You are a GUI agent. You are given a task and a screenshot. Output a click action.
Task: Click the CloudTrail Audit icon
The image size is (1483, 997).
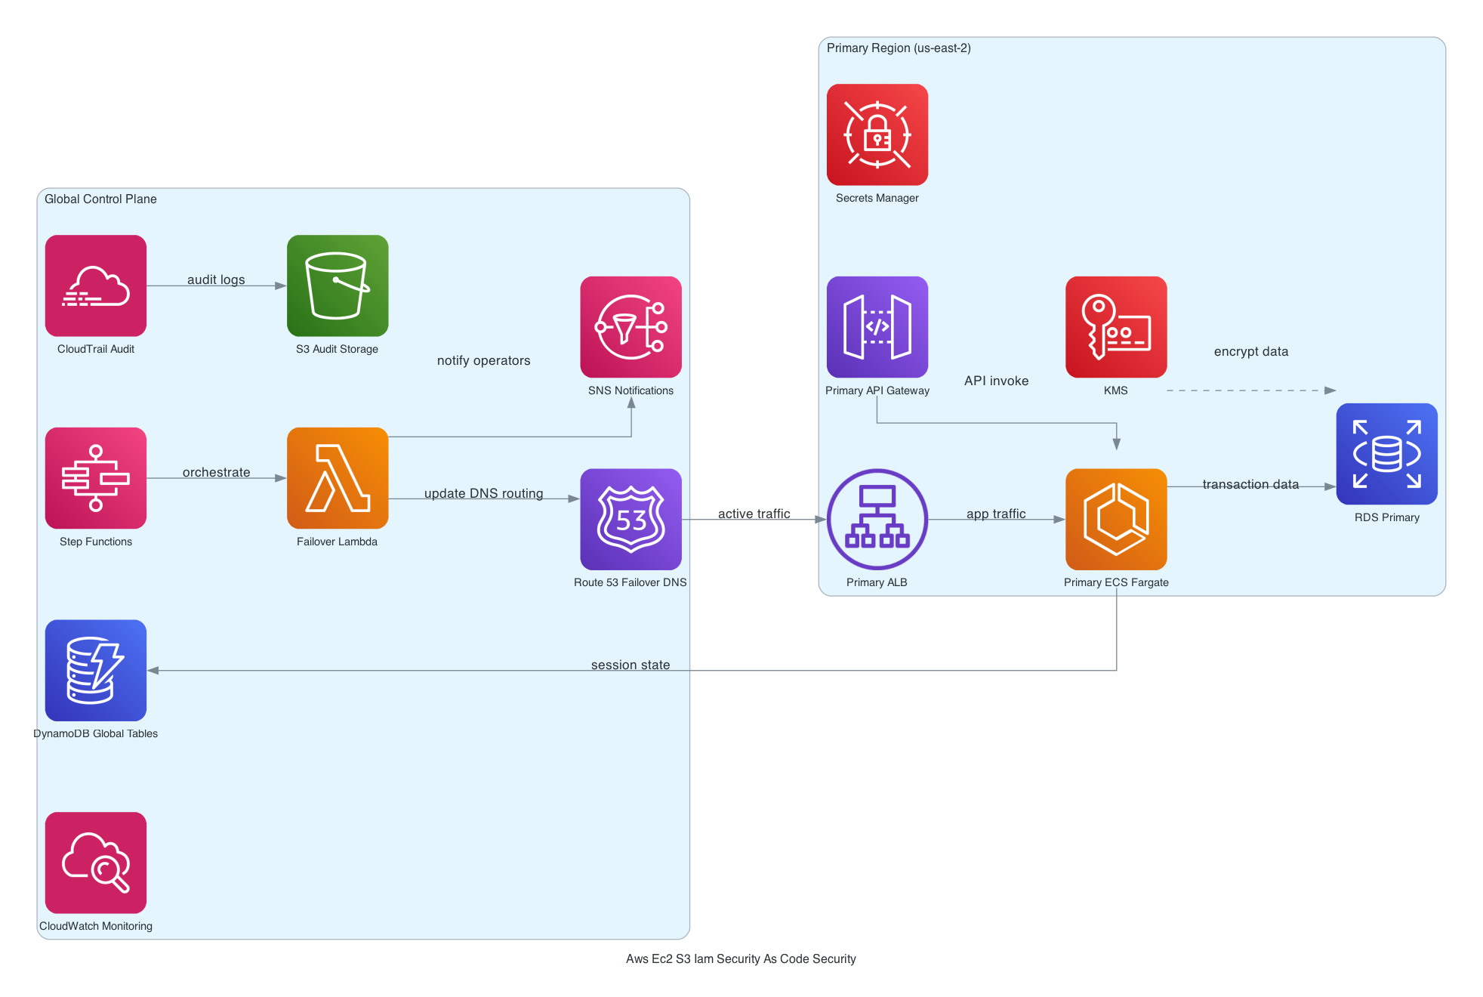click(x=96, y=286)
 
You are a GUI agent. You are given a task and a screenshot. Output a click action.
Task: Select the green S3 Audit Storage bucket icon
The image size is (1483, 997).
click(x=338, y=286)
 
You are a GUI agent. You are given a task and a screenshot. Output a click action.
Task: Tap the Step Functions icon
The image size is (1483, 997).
click(x=96, y=478)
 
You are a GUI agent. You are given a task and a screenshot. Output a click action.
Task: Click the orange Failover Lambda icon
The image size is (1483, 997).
click(x=338, y=478)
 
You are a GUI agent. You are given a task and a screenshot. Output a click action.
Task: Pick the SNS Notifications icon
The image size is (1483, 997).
click(x=631, y=327)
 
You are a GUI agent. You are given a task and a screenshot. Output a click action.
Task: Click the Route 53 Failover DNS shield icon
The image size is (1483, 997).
click(x=631, y=520)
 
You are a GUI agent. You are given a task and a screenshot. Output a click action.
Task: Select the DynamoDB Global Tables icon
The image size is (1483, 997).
click(x=96, y=671)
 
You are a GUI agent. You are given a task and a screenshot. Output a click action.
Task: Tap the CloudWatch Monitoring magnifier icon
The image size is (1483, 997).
click(x=96, y=863)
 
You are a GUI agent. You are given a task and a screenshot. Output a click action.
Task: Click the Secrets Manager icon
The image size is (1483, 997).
click(x=877, y=134)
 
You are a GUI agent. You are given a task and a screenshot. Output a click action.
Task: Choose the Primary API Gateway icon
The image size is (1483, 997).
click(x=877, y=327)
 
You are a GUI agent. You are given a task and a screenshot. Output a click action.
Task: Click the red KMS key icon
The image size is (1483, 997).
click(x=1116, y=327)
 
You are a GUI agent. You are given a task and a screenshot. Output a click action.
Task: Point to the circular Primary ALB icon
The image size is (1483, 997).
click(x=877, y=520)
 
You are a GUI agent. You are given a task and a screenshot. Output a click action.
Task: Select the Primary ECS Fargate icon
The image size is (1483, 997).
click(x=1116, y=520)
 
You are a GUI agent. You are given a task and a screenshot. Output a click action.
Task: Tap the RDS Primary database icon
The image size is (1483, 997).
click(x=1386, y=454)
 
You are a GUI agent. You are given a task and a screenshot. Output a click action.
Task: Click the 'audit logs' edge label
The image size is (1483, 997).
click(x=216, y=279)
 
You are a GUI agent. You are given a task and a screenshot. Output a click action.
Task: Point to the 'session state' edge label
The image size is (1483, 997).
click(x=631, y=665)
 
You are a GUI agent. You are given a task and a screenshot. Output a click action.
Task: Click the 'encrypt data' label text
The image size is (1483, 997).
click(x=1251, y=351)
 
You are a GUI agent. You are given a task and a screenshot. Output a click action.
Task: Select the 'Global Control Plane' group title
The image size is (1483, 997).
click(x=100, y=199)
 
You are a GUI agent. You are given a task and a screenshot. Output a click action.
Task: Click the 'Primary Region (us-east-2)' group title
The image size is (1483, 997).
click(x=899, y=48)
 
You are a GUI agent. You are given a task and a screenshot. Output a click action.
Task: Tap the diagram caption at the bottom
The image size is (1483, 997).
click(x=741, y=958)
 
